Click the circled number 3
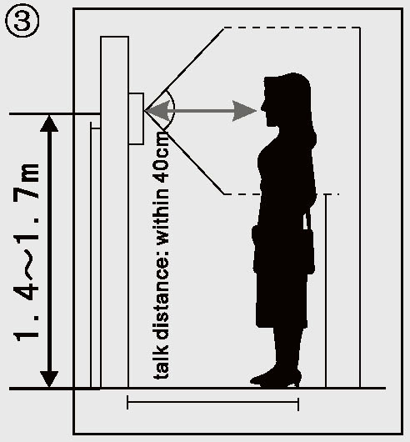22,22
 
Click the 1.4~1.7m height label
26,252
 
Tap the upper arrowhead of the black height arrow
49,123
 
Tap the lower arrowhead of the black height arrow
49,379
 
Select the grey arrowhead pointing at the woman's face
244,111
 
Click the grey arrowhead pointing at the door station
157,111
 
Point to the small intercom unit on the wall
137,118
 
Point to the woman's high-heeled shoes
276,377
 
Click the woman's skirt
282,299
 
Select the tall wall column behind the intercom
115,212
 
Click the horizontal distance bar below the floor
212,402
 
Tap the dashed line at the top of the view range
292,28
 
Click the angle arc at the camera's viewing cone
172,109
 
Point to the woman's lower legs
284,348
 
